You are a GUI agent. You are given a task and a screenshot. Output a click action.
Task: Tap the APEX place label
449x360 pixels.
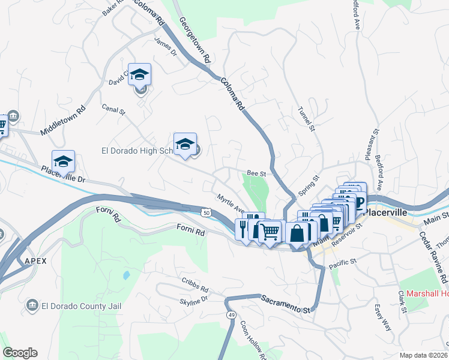[x=35, y=260]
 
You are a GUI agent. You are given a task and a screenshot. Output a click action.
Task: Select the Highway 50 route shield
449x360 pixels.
[x=206, y=212]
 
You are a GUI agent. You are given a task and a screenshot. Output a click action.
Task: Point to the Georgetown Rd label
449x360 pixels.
[x=195, y=41]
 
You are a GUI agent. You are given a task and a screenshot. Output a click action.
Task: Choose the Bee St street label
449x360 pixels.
[x=257, y=173]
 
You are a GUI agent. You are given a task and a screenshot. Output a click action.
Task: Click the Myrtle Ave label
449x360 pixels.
[x=230, y=202]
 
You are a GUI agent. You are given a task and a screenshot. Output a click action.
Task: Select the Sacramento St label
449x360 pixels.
[x=285, y=304]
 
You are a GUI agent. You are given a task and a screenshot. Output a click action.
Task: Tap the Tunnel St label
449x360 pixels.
[x=306, y=119]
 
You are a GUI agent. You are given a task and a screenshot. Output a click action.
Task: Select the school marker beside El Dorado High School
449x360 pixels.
[x=185, y=144]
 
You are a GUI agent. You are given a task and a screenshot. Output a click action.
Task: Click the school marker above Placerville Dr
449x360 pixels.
[x=63, y=161]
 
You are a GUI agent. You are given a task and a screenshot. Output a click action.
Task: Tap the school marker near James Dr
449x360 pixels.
[x=139, y=74]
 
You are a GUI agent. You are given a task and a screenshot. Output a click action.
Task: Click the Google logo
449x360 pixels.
[x=20, y=353]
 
